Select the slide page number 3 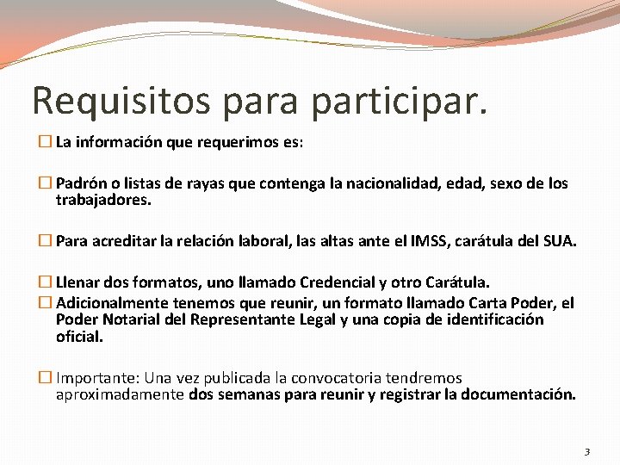coord(587,451)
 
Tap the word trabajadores coord(103,200)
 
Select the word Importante coord(95,378)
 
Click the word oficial coord(79,337)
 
